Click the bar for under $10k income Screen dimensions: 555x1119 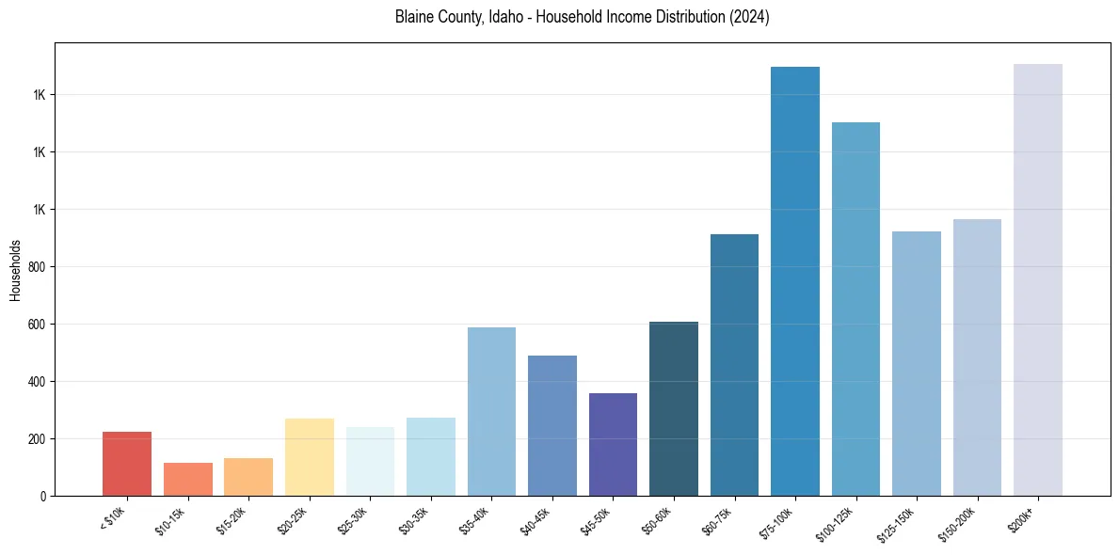click(127, 464)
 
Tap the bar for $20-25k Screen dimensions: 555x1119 click(309, 457)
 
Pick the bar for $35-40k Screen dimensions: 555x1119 click(491, 411)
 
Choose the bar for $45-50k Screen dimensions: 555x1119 click(613, 444)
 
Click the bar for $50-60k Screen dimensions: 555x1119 click(674, 408)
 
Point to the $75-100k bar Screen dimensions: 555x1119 click(795, 281)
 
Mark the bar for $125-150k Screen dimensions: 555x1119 click(917, 363)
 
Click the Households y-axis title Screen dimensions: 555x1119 click(15, 270)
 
